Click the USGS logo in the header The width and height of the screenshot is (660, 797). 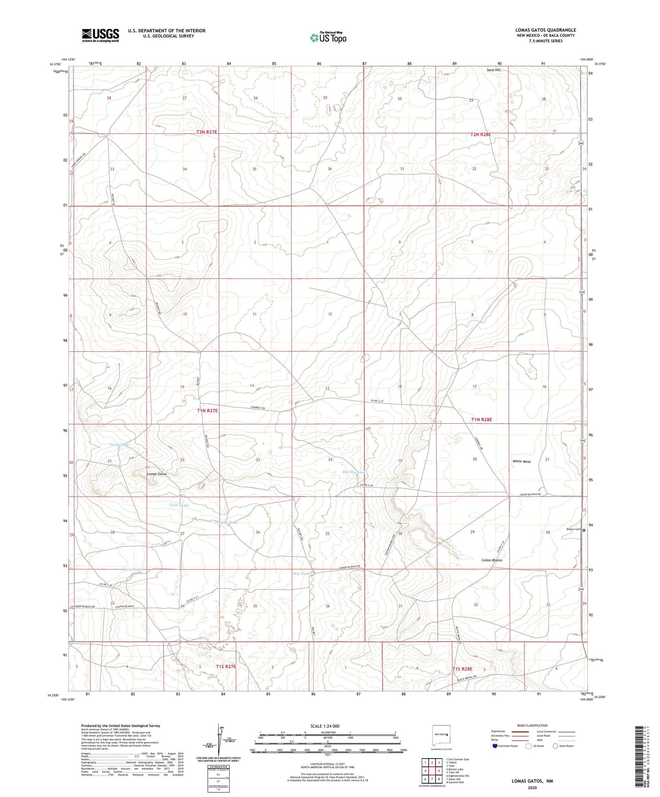(x=100, y=35)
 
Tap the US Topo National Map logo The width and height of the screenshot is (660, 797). (x=327, y=37)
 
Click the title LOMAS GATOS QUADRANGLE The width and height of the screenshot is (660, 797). (x=545, y=30)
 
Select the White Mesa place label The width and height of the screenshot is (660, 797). (x=521, y=461)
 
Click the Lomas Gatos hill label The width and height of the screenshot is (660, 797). (x=157, y=474)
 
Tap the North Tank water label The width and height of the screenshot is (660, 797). (x=119, y=445)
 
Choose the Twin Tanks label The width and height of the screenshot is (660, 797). (x=179, y=505)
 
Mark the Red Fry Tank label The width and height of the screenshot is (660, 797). (x=354, y=472)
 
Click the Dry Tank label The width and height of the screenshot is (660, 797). (x=301, y=574)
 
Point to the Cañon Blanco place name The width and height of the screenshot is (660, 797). (x=492, y=560)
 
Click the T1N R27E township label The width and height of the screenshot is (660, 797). (x=207, y=411)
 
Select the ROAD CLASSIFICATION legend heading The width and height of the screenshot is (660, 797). (x=530, y=725)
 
